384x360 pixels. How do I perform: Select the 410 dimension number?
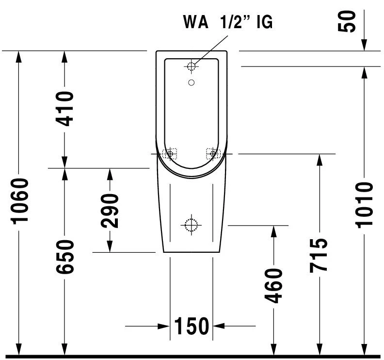point(64,109)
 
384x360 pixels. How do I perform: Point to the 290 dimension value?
point(111,211)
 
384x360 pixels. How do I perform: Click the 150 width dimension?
point(191,326)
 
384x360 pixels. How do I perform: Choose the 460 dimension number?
point(274,285)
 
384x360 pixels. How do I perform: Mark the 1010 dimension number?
point(365,205)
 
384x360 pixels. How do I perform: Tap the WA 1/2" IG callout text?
point(227,22)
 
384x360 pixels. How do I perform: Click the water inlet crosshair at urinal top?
point(192,65)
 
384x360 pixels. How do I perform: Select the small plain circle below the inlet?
point(192,82)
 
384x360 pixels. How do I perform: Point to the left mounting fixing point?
point(170,154)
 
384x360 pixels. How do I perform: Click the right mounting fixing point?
point(212,154)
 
